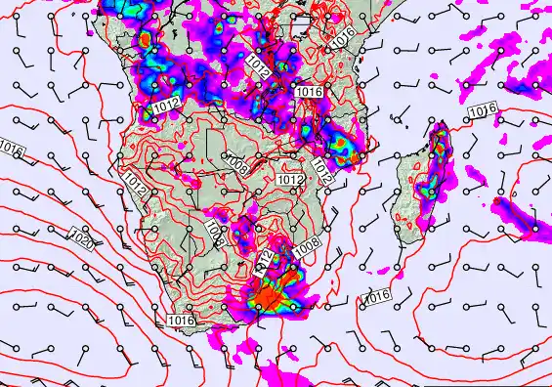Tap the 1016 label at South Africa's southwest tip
click(181, 320)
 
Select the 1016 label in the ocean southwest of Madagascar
click(376, 296)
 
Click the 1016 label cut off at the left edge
click(9, 150)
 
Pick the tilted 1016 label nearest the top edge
click(342, 38)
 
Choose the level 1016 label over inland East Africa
click(308, 91)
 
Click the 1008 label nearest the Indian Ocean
click(306, 250)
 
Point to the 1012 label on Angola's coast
click(165, 105)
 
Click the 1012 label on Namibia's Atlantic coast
click(135, 182)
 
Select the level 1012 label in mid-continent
click(289, 180)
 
